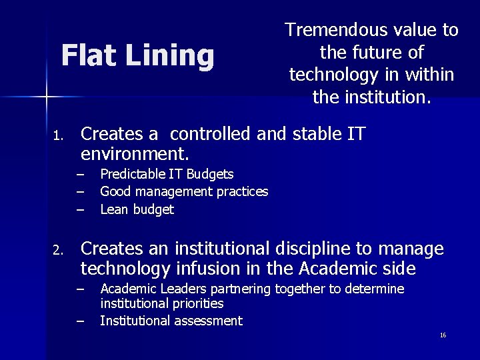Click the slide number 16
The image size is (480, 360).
[x=443, y=335]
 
